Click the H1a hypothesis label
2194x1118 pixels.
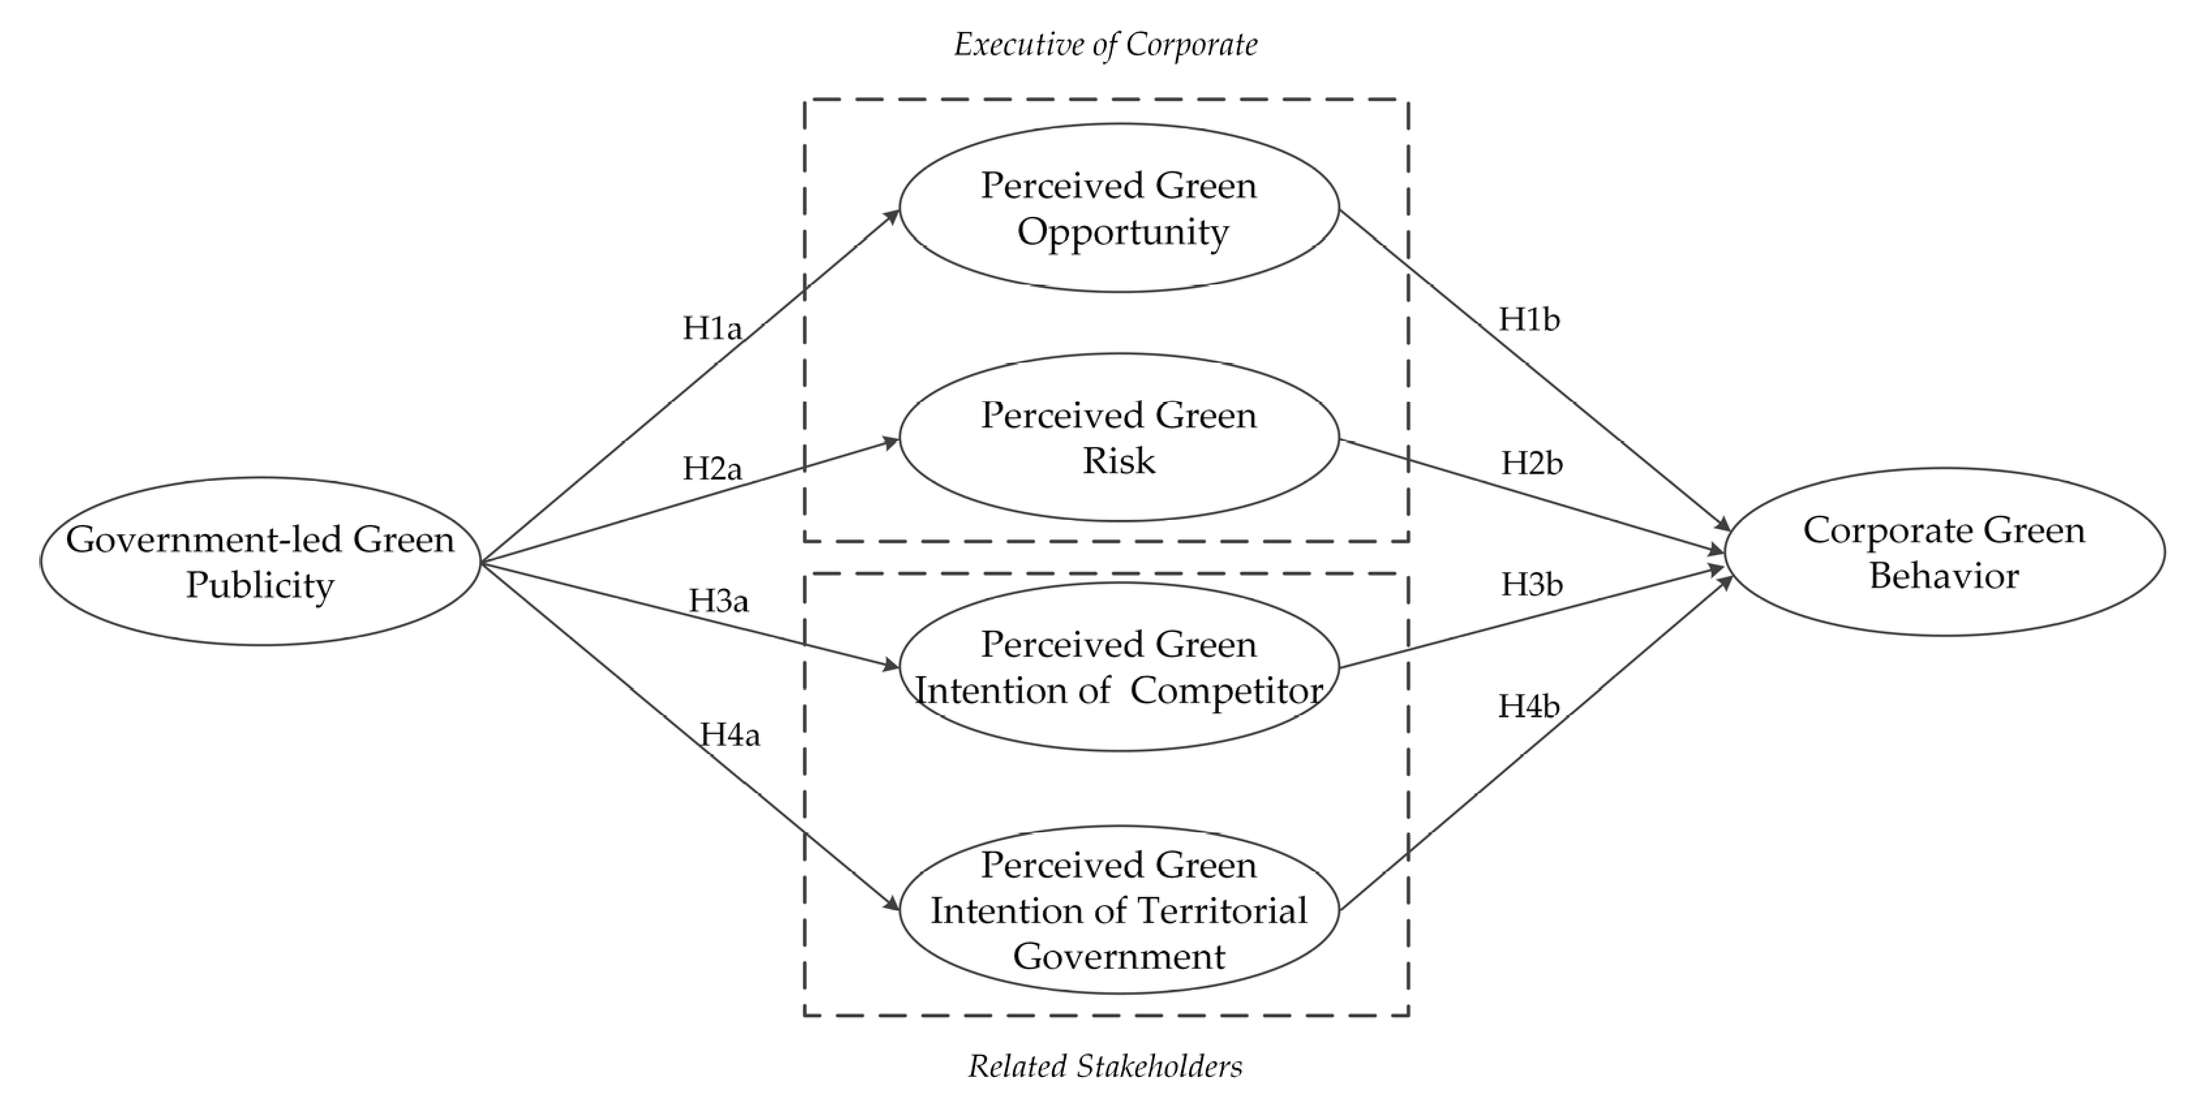712,328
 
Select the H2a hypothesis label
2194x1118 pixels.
712,468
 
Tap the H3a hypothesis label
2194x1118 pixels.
718,601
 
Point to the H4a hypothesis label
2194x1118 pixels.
729,734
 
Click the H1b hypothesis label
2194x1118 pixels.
1528,320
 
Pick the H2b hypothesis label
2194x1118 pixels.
1531,464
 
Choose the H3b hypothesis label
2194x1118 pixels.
1531,585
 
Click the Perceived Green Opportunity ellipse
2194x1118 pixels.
1119,208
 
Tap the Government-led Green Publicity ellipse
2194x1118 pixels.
261,561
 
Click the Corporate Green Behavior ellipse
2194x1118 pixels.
1944,552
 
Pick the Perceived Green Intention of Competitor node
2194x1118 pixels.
1119,666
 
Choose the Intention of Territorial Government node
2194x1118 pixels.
1119,910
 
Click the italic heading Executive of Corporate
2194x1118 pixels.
1105,44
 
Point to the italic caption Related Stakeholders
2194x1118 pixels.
1105,1066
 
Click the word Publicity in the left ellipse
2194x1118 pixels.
261,586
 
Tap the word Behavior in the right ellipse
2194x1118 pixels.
1944,577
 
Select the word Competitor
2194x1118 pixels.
1227,691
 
